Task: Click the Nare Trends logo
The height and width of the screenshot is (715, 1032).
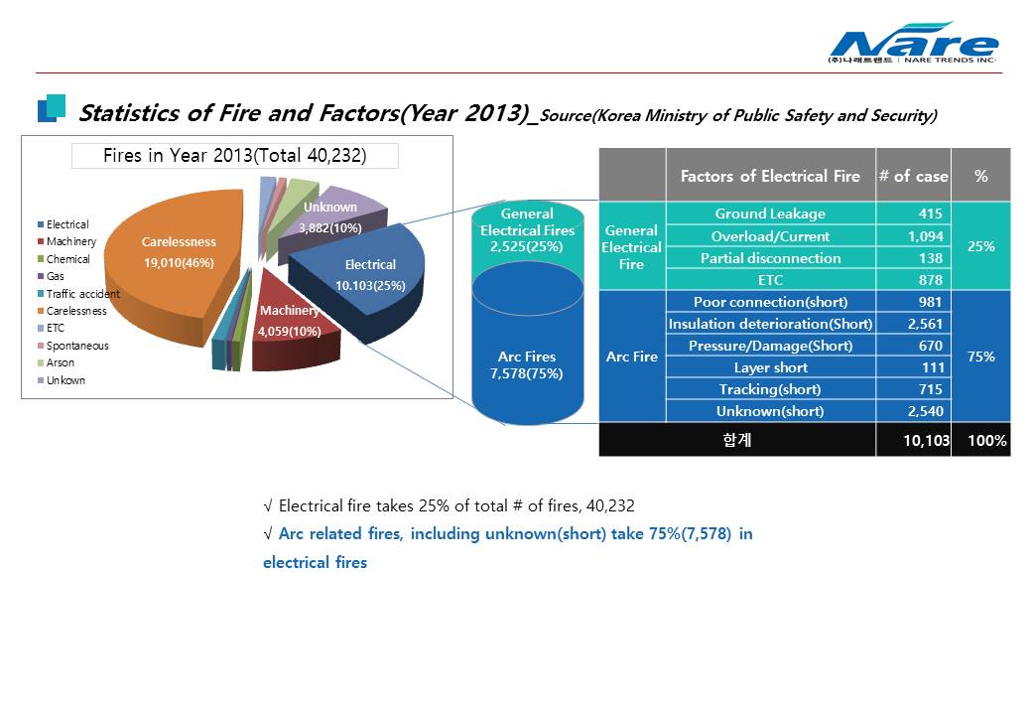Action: (x=914, y=43)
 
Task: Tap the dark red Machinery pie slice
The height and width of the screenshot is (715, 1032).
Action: (x=293, y=323)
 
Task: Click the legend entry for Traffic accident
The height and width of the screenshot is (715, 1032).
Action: (x=78, y=294)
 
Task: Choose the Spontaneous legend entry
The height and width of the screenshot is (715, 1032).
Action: (x=73, y=346)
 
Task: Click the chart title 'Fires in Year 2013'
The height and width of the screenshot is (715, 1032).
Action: (x=235, y=155)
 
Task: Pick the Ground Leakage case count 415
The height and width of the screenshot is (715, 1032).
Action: (x=930, y=214)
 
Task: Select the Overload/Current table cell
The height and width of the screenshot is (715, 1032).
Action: (x=771, y=235)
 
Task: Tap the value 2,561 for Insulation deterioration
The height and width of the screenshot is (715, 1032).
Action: (x=925, y=324)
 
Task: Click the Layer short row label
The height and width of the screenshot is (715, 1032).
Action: (x=771, y=367)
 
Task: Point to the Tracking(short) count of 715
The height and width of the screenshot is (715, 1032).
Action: (x=930, y=389)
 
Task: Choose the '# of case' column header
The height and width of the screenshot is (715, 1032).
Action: (x=914, y=176)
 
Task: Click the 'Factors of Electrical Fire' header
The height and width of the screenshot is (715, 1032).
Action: (x=771, y=176)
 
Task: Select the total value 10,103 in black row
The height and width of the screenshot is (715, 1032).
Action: (x=926, y=441)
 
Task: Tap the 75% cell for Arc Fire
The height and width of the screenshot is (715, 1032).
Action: (x=980, y=357)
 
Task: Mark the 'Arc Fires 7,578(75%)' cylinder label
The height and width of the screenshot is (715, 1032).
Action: (x=527, y=364)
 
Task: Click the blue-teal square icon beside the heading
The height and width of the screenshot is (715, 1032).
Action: (x=52, y=108)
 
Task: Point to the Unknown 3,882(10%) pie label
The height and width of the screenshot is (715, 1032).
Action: (x=330, y=217)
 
